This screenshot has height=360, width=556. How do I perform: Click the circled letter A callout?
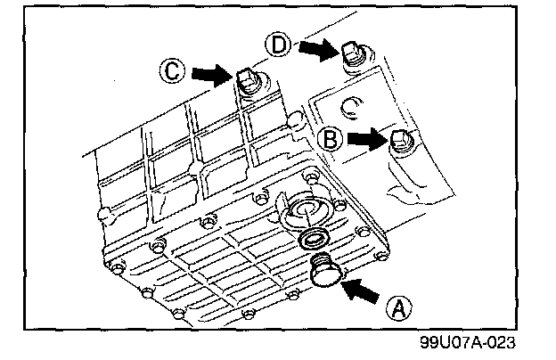click(x=399, y=308)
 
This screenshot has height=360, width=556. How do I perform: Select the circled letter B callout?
click(x=330, y=139)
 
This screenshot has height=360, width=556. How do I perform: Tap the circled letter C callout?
click(x=172, y=71)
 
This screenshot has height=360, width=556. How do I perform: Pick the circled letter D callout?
click(x=278, y=45)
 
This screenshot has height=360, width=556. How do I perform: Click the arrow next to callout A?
click(x=359, y=290)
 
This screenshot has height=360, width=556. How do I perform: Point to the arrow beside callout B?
click(x=368, y=138)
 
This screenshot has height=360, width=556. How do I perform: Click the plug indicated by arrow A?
click(x=324, y=271)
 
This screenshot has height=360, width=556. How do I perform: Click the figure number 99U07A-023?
click(x=468, y=342)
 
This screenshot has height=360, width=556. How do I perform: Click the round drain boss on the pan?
click(x=306, y=209)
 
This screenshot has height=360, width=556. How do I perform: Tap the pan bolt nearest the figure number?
click(x=381, y=256)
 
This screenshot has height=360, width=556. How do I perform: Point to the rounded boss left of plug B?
click(x=295, y=121)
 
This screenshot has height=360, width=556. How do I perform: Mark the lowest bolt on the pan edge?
click(x=178, y=313)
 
